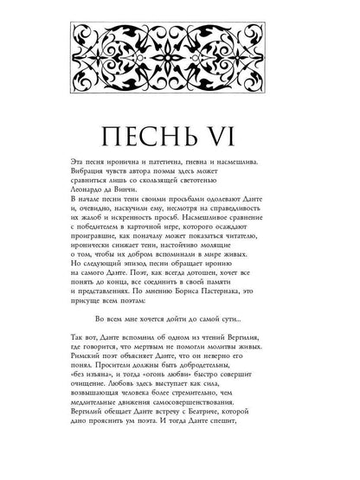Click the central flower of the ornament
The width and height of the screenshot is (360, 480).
pyautogui.click(x=180, y=67)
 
